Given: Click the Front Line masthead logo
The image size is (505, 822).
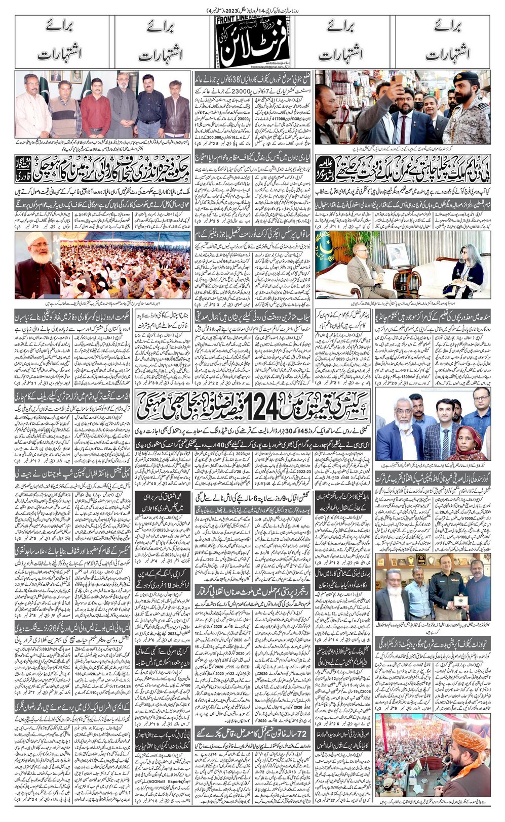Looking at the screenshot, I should point(252,40).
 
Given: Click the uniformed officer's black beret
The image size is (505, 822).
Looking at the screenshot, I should point(465,77).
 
